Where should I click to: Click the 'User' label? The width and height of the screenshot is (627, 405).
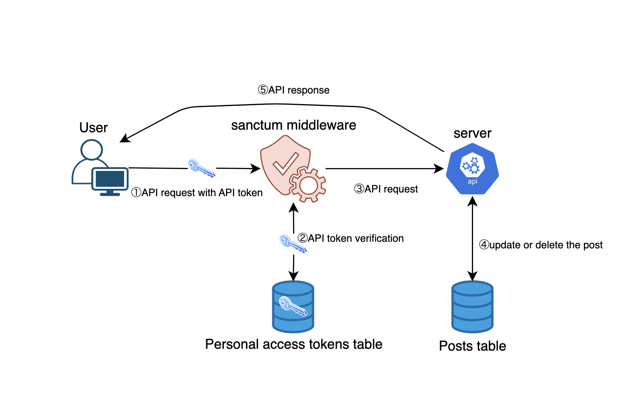[93, 127]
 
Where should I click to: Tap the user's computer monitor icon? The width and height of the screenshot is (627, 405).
[110, 180]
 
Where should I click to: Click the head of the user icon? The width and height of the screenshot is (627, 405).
[92, 149]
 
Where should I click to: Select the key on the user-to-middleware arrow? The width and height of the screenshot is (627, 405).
[201, 168]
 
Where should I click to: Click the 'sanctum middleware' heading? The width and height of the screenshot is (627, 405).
[293, 125]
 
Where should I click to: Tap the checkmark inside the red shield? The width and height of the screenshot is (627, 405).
[285, 163]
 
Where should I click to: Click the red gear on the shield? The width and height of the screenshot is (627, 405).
[308, 185]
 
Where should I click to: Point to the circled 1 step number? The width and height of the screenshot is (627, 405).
[136, 192]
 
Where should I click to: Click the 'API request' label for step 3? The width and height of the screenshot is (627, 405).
[391, 189]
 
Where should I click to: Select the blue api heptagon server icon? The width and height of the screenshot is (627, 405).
[472, 169]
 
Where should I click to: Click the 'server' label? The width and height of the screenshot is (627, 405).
[472, 133]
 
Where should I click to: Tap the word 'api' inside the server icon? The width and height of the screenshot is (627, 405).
[472, 182]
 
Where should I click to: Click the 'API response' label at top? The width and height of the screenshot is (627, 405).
[299, 90]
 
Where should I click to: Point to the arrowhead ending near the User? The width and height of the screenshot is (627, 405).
[124, 138]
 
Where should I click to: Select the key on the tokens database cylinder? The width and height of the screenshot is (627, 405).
[293, 306]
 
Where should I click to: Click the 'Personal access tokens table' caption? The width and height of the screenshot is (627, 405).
[293, 344]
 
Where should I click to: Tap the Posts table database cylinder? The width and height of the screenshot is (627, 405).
[472, 306]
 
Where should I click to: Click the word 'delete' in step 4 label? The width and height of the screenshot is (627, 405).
[549, 245]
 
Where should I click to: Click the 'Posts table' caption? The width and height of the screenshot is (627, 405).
[472, 346]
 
